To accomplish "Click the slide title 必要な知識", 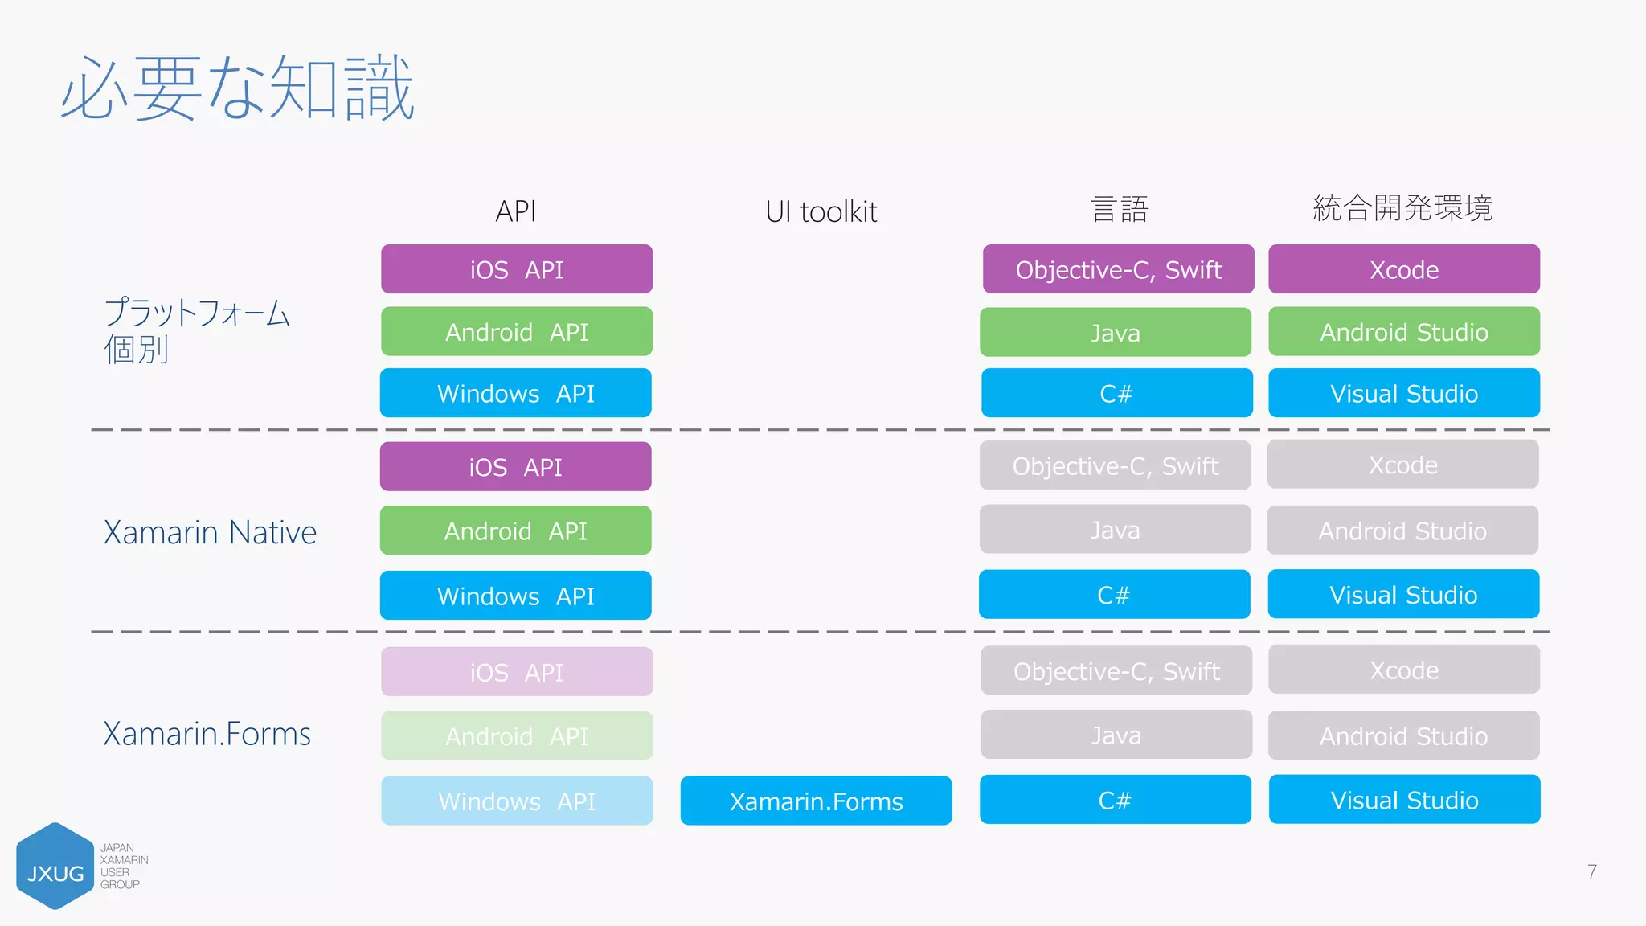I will pyautogui.click(x=238, y=88).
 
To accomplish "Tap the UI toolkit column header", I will pyautogui.click(x=821, y=211).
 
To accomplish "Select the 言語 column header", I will pyautogui.click(x=1119, y=210).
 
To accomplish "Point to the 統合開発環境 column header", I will pyautogui.click(x=1402, y=208).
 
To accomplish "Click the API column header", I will pyautogui.click(x=515, y=211).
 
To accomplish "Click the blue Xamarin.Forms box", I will pyautogui.click(x=816, y=801).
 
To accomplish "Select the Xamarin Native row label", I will pyautogui.click(x=210, y=532).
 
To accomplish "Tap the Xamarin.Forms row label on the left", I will pyautogui.click(x=207, y=734).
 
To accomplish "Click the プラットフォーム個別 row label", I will pyautogui.click(x=196, y=330).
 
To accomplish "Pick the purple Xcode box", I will pyautogui.click(x=1403, y=269).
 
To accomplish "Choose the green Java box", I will pyautogui.click(x=1115, y=332).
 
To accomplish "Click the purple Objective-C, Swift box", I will pyautogui.click(x=1118, y=269).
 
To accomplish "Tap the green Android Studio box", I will pyautogui.click(x=1403, y=331).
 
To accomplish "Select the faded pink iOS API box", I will pyautogui.click(x=516, y=672).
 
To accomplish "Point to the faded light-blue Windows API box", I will pyautogui.click(x=516, y=801).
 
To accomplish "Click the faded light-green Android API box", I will pyautogui.click(x=516, y=735).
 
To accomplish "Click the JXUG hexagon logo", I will pyautogui.click(x=55, y=867).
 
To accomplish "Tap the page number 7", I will pyautogui.click(x=1591, y=872).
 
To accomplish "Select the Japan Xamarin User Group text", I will pyautogui.click(x=123, y=866).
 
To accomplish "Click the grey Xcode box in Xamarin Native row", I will pyautogui.click(x=1402, y=465).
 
